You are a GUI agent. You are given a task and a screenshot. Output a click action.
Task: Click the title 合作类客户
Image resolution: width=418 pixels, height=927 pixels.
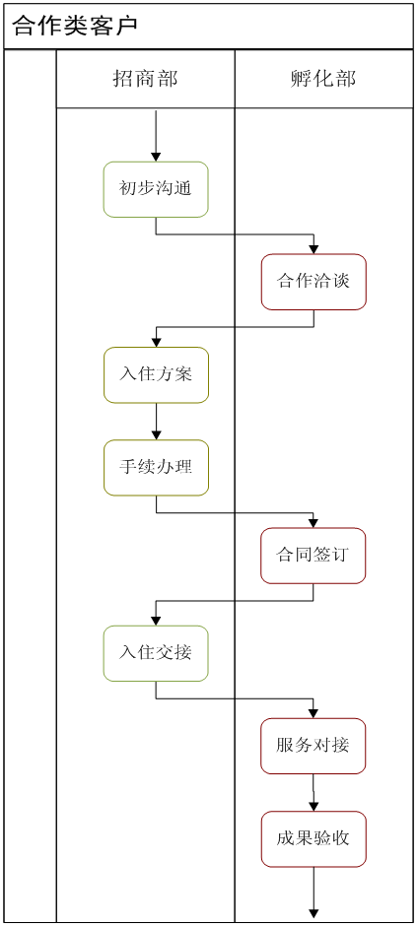75,26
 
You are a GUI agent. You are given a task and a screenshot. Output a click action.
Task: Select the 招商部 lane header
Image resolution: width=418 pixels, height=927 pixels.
146,79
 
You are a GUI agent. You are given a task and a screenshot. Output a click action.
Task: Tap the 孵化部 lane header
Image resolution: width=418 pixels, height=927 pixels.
324,79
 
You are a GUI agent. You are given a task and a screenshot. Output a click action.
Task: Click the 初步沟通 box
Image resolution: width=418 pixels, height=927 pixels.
156,189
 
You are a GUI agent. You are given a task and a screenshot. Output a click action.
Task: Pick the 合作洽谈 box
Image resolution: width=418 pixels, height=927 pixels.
313,282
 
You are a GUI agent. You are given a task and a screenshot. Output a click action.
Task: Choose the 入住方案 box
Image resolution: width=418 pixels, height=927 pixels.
156,374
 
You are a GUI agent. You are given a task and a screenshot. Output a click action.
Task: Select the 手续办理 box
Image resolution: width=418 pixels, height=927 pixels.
156,468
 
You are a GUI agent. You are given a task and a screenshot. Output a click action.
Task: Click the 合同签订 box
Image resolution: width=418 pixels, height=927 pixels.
313,556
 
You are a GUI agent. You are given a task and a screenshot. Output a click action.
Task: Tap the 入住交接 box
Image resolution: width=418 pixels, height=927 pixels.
156,653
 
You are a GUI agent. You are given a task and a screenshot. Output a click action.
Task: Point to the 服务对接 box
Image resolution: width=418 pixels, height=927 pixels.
313,746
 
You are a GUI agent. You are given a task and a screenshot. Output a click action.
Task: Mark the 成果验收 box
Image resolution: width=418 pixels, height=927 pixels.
313,839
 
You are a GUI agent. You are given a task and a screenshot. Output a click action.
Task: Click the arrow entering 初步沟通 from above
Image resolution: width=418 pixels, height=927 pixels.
156,135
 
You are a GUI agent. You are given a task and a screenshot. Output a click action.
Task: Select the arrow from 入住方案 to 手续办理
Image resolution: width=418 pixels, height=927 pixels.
156,422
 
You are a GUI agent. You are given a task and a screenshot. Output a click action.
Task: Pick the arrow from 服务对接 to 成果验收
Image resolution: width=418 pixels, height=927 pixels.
313,792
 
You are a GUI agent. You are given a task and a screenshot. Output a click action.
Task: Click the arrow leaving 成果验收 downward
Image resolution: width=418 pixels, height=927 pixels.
313,893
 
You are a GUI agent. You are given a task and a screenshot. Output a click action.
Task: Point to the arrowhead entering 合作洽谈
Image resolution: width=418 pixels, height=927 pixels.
313,249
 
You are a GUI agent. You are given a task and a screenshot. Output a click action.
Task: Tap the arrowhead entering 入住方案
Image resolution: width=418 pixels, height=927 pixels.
156,342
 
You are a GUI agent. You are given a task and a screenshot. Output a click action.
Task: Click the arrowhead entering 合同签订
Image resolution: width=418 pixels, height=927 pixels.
313,523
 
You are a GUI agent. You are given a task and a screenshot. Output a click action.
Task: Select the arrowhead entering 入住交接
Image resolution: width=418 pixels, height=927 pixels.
156,621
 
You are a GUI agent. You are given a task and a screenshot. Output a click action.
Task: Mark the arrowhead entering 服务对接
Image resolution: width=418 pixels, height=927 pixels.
313,713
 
